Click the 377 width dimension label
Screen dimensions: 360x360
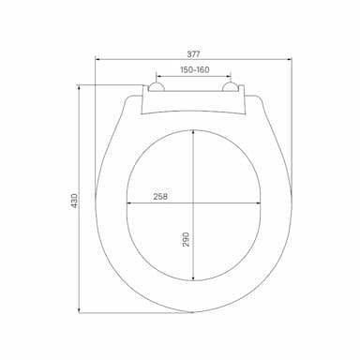(193, 53)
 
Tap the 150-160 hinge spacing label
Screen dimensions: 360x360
(195, 69)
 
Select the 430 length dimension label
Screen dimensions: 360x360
(74, 201)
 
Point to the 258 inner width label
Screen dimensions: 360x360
(160, 197)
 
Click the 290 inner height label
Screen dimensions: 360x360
(186, 239)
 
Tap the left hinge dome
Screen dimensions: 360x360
(157, 87)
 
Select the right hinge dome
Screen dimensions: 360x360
(231, 87)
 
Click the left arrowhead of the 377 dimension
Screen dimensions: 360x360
(97, 58)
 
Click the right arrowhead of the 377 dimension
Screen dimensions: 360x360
(290, 58)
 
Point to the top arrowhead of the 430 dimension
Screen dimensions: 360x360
(79, 87)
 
